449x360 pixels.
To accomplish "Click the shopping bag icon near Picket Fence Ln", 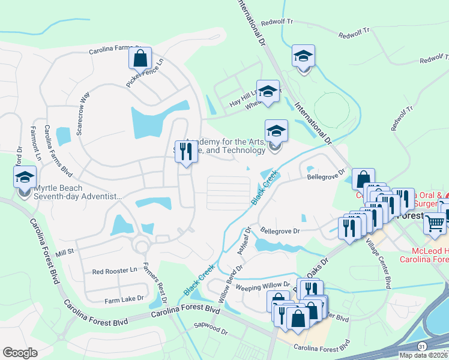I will (x=139, y=59).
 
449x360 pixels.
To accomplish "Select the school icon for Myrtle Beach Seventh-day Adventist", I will (x=25, y=178).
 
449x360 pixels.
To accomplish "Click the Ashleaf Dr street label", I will (x=244, y=240).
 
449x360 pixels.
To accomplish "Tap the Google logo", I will (x=20, y=353).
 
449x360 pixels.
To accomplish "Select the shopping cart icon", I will (x=435, y=224).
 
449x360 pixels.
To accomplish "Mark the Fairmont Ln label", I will (x=35, y=139).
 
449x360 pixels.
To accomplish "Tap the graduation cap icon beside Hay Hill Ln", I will (x=268, y=91).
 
